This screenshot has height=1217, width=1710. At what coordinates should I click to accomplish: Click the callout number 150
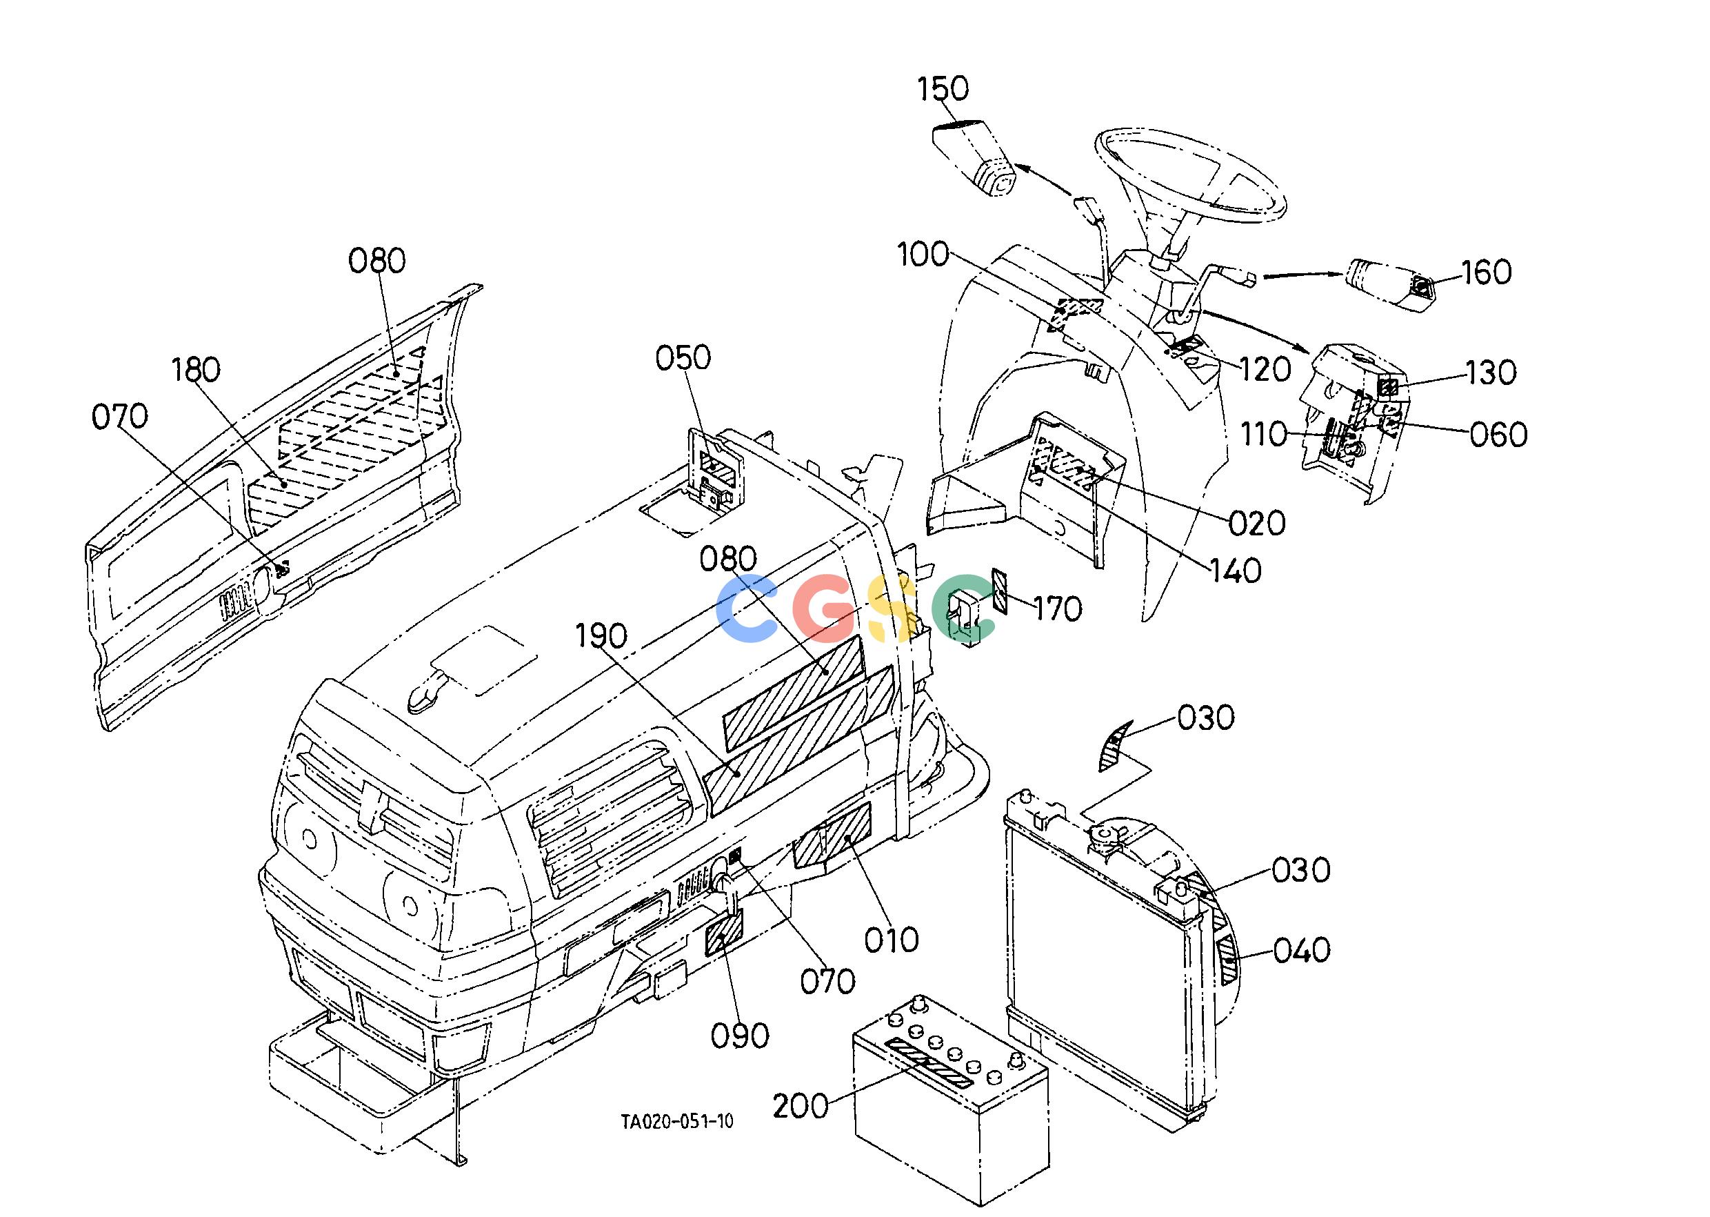(x=943, y=89)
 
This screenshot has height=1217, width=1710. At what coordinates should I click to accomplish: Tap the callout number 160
(x=1486, y=272)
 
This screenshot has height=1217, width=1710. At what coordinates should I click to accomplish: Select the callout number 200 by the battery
(x=801, y=1105)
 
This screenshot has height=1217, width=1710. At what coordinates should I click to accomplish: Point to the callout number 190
(x=601, y=636)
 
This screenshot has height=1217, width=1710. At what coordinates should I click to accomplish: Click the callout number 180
(x=196, y=370)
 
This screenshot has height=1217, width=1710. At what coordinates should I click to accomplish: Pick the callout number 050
(x=683, y=358)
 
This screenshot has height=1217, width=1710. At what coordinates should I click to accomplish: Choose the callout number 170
(x=1058, y=609)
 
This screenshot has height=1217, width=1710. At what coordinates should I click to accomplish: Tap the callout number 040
(x=1302, y=950)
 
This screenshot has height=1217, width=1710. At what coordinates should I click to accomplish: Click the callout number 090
(x=740, y=1036)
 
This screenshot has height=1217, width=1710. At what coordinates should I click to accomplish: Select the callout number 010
(x=892, y=940)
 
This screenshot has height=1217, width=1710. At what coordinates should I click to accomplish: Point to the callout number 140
(x=1236, y=571)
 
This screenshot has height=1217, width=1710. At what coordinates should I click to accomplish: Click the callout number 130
(x=1491, y=373)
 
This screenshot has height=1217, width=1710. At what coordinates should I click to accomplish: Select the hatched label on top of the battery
(x=928, y=1062)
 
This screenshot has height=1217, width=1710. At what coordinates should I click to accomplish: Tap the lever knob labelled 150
(x=973, y=158)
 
